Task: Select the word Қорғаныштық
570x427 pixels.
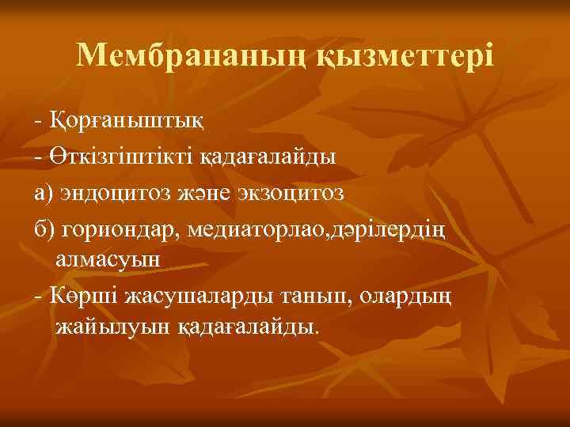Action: [x=127, y=122]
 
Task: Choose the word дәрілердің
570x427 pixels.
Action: [x=389, y=227]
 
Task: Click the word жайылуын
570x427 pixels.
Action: [x=108, y=327]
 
